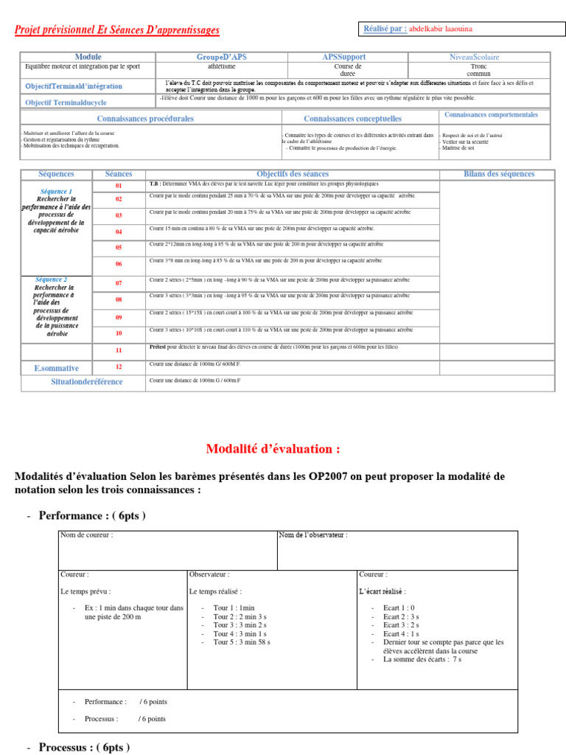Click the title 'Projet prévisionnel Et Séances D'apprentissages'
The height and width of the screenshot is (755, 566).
pos(117,30)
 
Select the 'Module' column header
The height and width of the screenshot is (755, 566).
pos(88,57)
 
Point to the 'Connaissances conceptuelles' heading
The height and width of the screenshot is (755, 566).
pos(352,118)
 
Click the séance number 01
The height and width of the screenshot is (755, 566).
pos(119,185)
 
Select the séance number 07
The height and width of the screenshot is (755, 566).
pos(119,283)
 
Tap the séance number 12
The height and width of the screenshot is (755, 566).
pos(119,366)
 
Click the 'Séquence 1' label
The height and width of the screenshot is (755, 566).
pos(56,191)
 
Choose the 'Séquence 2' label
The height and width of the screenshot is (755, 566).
pos(51,279)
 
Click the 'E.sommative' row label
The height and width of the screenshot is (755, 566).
pos(56,367)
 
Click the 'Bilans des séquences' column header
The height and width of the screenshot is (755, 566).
pos(499,174)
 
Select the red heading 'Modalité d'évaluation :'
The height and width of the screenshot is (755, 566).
pos(273,449)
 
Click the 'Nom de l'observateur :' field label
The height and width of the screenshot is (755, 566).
pos(313,535)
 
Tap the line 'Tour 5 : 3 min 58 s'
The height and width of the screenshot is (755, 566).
pos(241,642)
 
